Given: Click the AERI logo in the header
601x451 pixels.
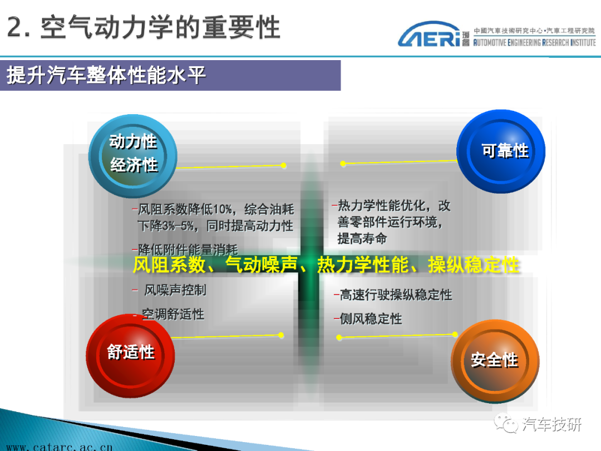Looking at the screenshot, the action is [x=429, y=34].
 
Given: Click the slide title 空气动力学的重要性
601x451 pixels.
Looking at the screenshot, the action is [x=160, y=27].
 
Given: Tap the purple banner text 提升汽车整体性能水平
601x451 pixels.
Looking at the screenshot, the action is [x=106, y=75].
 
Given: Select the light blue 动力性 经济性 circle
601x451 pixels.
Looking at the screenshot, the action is [x=132, y=156].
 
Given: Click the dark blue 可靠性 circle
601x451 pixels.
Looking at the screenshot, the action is [x=501, y=151].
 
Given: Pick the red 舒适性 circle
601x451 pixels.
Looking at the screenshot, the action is [x=130, y=355].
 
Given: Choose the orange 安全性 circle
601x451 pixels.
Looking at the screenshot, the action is [x=495, y=361].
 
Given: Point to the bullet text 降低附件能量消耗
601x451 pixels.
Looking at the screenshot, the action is [x=188, y=249].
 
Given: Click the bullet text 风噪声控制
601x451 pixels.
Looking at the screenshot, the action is [x=175, y=290].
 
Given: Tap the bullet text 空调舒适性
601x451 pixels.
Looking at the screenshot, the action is [x=173, y=314].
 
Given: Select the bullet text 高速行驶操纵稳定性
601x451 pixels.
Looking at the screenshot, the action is [x=396, y=295].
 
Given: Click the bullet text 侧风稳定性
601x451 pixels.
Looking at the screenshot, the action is [x=371, y=318].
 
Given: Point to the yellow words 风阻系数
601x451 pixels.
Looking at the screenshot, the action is [x=169, y=264].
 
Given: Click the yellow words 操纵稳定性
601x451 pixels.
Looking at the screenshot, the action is [x=474, y=264].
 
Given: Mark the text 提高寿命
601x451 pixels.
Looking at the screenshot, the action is [x=362, y=238].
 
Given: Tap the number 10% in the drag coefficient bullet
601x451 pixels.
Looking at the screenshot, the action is [x=223, y=209].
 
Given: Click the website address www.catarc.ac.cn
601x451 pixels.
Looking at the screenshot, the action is [x=60, y=447].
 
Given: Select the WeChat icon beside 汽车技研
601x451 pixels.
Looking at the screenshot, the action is [x=505, y=423].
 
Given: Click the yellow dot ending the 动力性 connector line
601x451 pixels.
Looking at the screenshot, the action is [x=283, y=166].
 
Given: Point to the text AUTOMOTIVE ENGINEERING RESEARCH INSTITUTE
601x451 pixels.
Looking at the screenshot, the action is [x=534, y=42].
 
